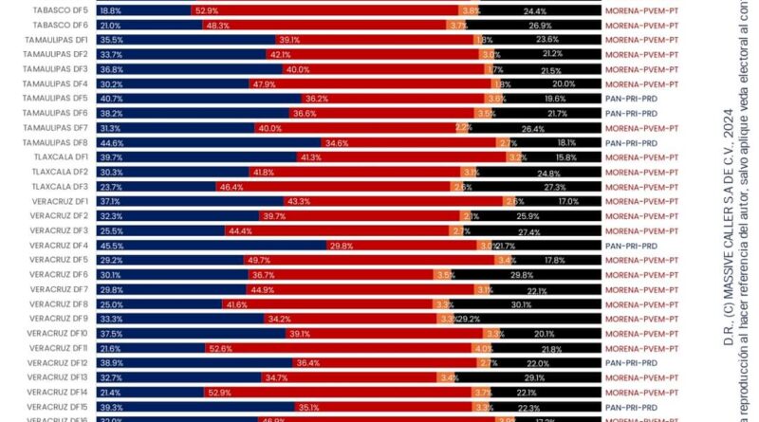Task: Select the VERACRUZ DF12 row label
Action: [x=58, y=363]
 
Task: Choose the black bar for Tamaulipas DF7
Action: [x=537, y=128]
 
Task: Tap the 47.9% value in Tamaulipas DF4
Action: [x=263, y=84]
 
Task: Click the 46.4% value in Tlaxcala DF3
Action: [x=231, y=187]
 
